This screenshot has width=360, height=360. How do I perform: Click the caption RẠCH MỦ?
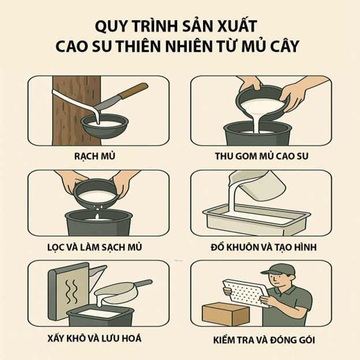pyautogui.click(x=99, y=156)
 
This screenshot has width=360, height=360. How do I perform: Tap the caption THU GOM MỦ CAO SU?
pyautogui.click(x=261, y=156)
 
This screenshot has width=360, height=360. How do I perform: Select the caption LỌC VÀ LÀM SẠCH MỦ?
pyautogui.click(x=99, y=247)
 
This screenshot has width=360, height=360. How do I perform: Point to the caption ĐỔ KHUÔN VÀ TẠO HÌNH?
pyautogui.click(x=261, y=247)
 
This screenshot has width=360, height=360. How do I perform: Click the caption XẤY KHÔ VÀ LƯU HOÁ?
pyautogui.click(x=99, y=338)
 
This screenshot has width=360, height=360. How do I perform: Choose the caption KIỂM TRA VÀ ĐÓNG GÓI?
pyautogui.click(x=261, y=338)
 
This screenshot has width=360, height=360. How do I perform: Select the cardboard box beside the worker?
pyautogui.click(x=224, y=314)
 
